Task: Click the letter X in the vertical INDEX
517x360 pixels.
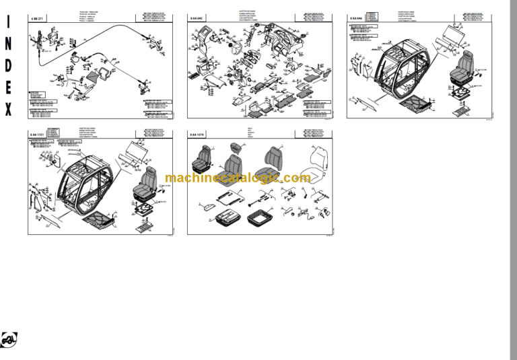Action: [9, 110]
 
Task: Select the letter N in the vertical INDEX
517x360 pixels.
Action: [9, 43]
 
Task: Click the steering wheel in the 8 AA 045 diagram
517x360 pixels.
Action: [237, 49]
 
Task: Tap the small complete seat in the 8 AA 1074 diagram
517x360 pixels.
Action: [202, 161]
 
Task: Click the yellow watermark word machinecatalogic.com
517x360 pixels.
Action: [238, 178]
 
